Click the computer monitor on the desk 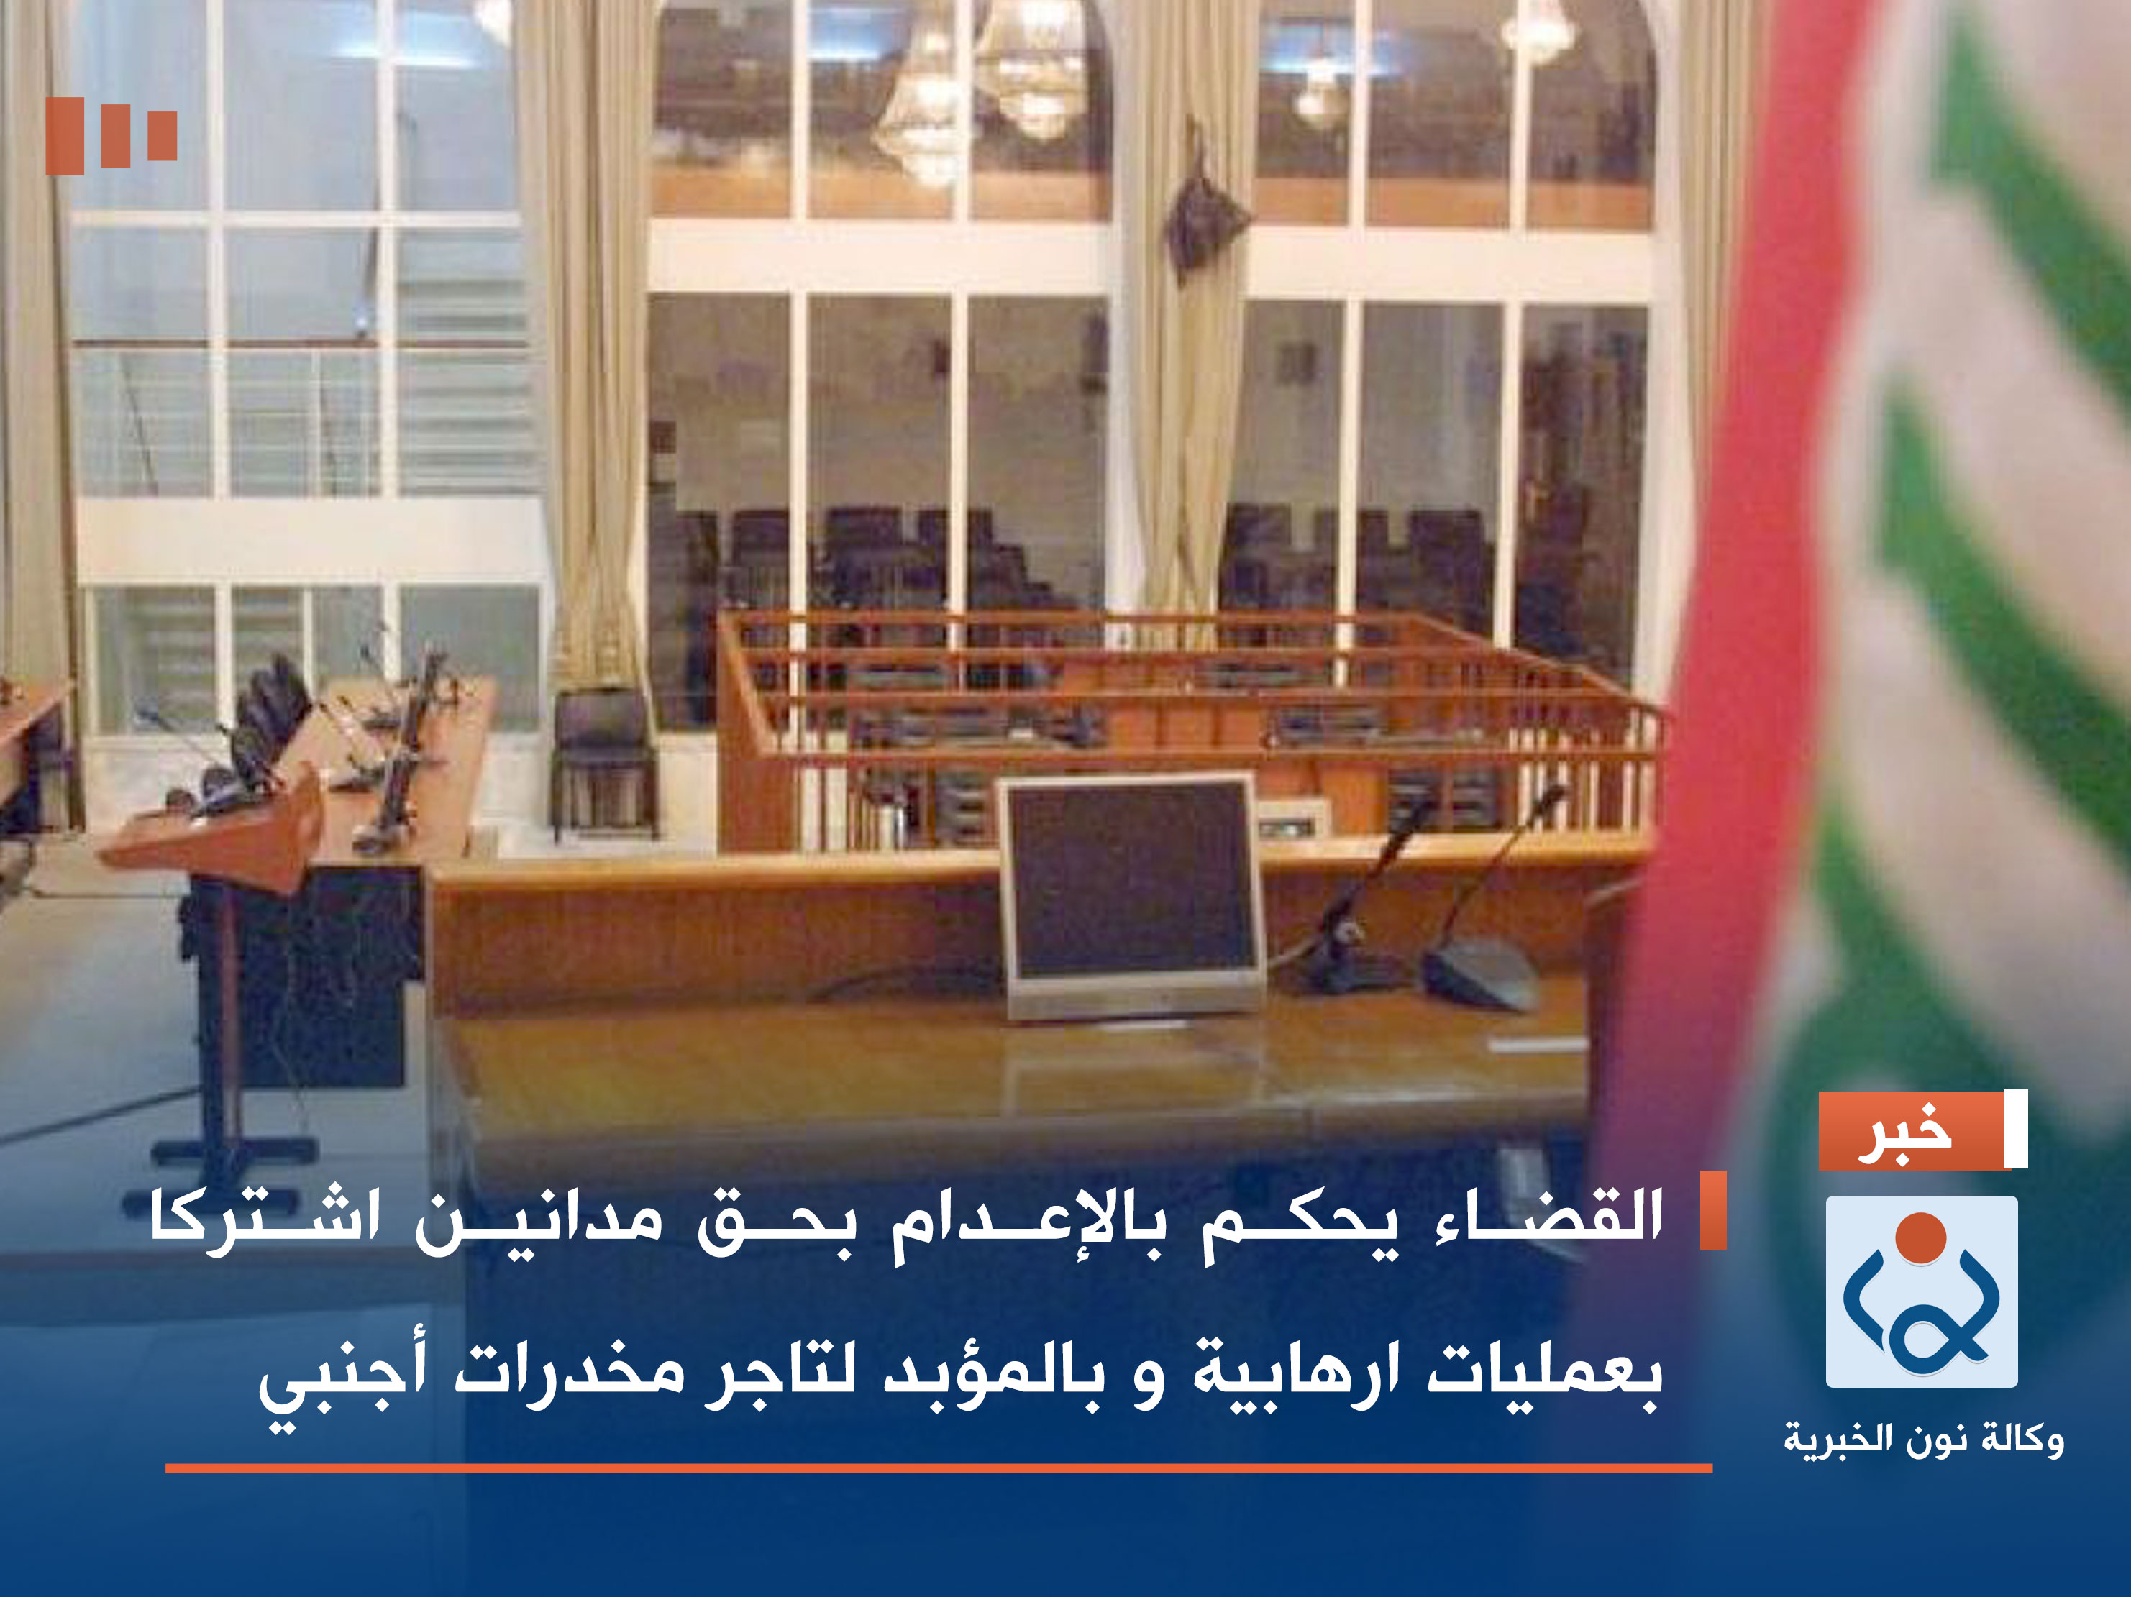pos(1133,893)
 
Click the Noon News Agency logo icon pos(1921,1291)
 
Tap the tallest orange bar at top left pos(65,136)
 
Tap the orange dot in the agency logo pos(1921,1237)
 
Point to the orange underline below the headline pos(939,1468)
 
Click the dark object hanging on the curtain pos(1204,216)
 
